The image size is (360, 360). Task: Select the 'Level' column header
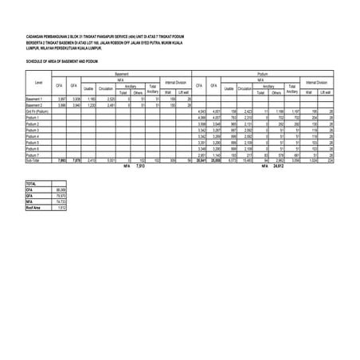click(39, 83)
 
